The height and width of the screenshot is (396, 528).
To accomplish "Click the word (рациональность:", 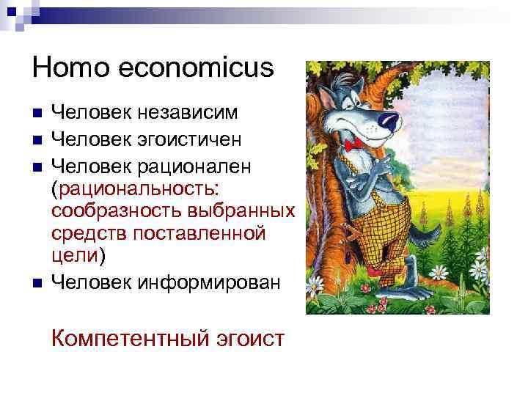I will point(135,188).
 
